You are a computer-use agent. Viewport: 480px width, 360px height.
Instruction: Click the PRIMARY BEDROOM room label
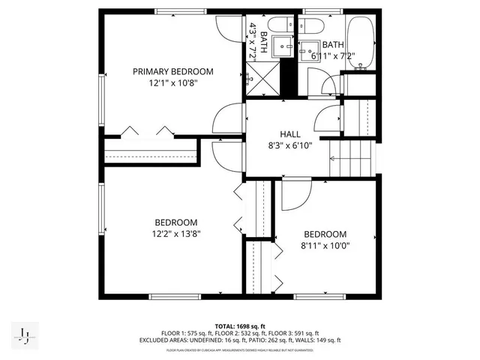coord(173,72)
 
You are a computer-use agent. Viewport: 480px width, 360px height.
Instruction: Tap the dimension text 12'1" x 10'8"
coord(173,84)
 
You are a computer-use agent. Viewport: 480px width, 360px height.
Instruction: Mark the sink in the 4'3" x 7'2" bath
coord(283,46)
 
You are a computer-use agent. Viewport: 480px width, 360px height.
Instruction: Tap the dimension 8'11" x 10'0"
coord(325,245)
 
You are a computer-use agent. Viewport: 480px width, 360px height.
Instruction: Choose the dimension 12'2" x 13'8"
coord(176,233)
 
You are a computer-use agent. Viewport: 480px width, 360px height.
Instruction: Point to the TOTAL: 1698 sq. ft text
coord(239,326)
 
